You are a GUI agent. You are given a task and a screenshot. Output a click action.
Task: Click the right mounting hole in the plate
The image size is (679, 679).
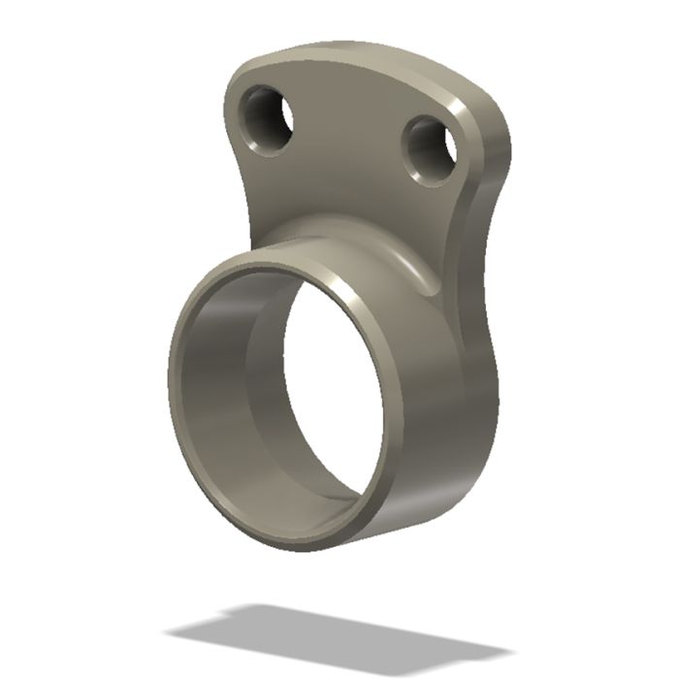430,150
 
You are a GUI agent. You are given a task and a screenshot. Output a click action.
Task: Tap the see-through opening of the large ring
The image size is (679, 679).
335,388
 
